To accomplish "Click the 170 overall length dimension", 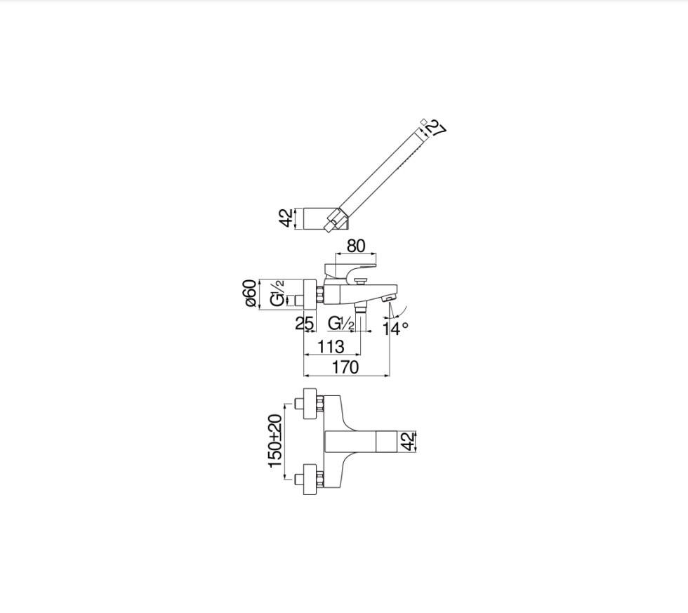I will click(x=345, y=367).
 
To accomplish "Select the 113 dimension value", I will click(x=331, y=346).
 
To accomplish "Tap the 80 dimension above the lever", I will click(x=356, y=246).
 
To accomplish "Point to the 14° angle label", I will click(x=395, y=328).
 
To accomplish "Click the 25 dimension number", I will click(x=304, y=324).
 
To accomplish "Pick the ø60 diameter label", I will click(x=250, y=293).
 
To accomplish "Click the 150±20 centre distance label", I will click(x=275, y=440).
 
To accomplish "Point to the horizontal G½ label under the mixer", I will click(x=341, y=324).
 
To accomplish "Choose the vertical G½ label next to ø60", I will click(x=278, y=294).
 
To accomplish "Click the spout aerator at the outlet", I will click(x=388, y=300).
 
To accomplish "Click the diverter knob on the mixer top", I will click(x=362, y=282).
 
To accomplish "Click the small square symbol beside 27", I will click(x=423, y=121).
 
